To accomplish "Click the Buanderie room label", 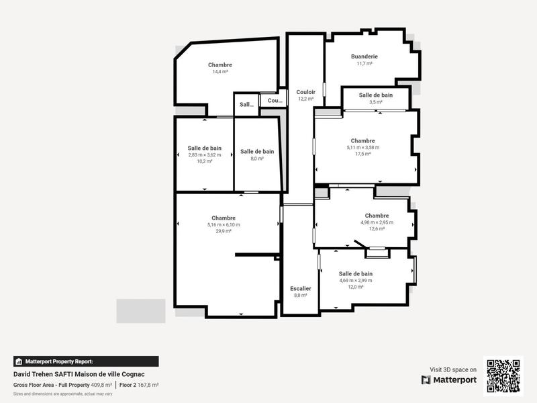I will click(364, 56).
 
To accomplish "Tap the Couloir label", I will click(305, 91).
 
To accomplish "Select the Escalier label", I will click(300, 288).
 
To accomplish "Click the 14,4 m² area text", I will click(220, 72).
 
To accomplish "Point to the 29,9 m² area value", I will click(224, 231).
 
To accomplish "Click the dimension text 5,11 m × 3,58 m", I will click(362, 148).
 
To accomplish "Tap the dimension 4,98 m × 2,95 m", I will click(377, 222).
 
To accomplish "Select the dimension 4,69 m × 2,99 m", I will click(355, 280).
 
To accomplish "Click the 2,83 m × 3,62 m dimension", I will click(205, 154).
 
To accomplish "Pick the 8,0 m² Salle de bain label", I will click(257, 152).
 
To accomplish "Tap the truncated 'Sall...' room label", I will click(246, 105).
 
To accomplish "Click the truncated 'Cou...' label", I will click(275, 101).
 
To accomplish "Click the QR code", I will click(503, 376).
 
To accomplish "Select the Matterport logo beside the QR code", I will click(449, 380).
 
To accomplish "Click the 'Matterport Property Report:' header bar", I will click(86, 361).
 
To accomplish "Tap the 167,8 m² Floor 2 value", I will click(148, 385).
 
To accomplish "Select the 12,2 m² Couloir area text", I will click(305, 99).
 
